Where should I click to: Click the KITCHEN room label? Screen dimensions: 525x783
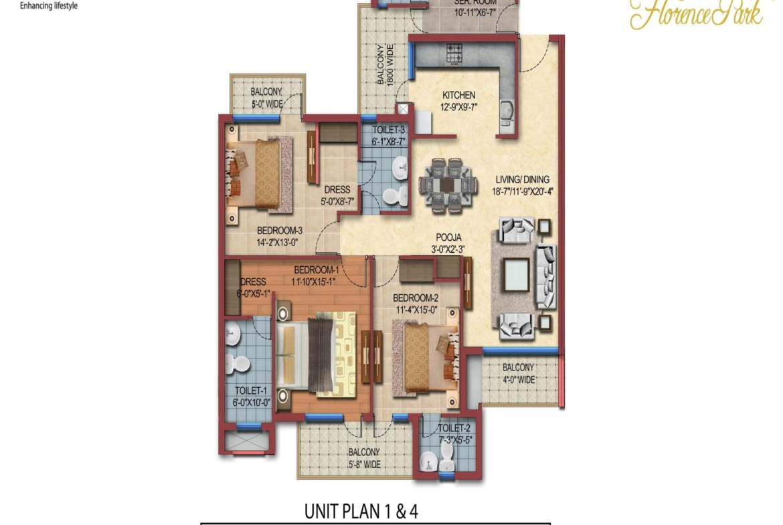(458, 96)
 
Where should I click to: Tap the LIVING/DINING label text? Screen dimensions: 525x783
(522, 179)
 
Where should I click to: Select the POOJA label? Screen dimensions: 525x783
(448, 237)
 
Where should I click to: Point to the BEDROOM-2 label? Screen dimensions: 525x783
(415, 298)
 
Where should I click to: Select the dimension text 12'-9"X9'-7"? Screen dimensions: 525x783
(458, 107)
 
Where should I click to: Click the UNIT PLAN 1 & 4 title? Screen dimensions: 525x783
(361, 512)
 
